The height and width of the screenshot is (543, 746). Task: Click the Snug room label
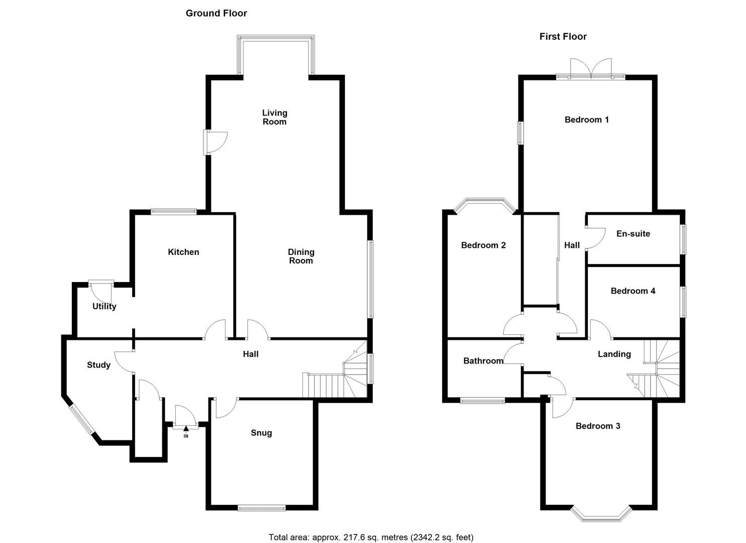point(261,433)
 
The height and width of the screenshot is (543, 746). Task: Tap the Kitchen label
point(183,252)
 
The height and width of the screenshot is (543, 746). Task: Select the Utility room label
point(104,306)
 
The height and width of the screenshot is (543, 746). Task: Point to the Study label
point(98,365)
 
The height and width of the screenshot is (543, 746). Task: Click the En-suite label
point(633,234)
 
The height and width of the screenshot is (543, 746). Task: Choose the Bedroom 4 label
point(632,291)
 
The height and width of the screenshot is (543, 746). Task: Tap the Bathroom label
point(483,360)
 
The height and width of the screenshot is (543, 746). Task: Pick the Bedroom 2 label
point(483,245)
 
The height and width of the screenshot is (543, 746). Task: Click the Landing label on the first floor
point(614,354)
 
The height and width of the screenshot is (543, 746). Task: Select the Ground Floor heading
point(216,14)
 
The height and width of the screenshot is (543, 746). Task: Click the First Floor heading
point(563,37)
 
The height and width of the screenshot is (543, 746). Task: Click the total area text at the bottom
point(371,537)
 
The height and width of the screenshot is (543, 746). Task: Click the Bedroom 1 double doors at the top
point(591,69)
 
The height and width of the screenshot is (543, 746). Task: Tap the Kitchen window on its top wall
point(174,212)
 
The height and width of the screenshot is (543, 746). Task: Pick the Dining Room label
point(301,256)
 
